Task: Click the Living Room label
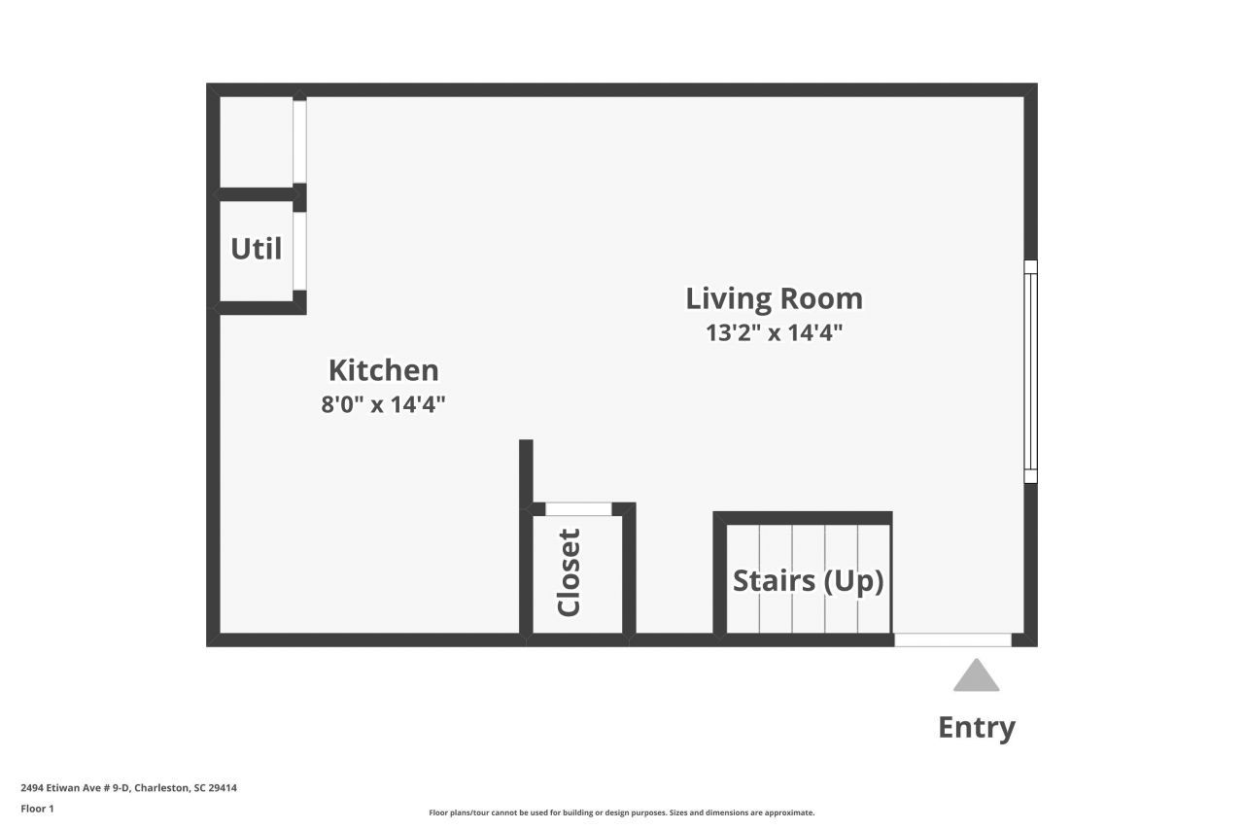pos(774,297)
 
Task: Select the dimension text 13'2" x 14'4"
pos(774,332)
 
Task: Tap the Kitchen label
pos(383,370)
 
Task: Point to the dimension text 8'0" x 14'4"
pos(383,404)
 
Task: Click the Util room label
pos(256,249)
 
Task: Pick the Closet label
pos(569,572)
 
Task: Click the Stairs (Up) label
pos(808,580)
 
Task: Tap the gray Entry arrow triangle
pos(976,676)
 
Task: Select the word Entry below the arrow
pos(976,727)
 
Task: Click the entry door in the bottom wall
pos(952,639)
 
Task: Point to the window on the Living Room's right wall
pos(1030,371)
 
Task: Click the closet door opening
pos(578,508)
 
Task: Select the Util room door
pos(300,250)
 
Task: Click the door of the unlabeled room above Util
pos(300,141)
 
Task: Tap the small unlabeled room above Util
pos(256,141)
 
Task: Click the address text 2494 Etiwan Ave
pos(128,788)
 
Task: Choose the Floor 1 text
pos(38,809)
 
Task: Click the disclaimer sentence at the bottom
pos(622,812)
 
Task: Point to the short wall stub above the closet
pos(526,471)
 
